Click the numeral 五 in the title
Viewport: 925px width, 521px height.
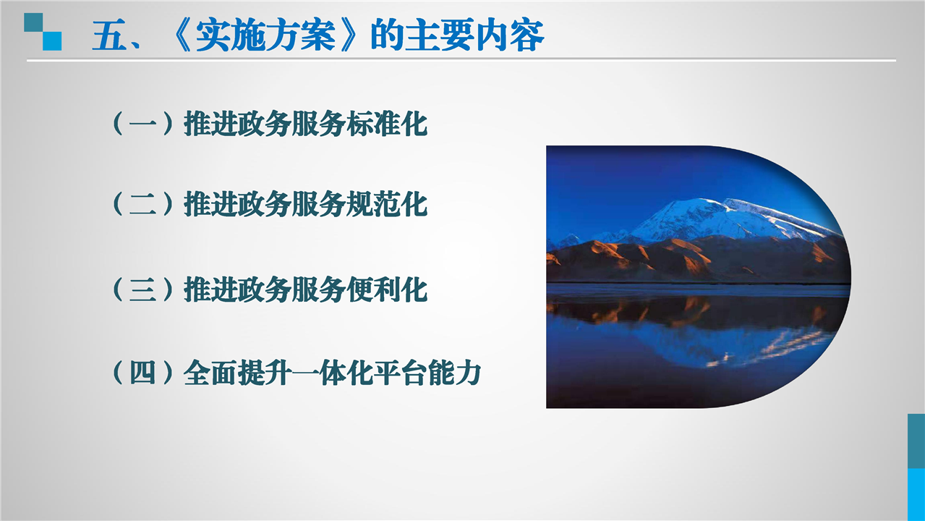(x=109, y=35)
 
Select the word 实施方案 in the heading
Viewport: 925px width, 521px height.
(x=265, y=35)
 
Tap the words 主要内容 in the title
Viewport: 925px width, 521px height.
(x=475, y=35)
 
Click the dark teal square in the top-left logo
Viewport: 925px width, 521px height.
(x=33, y=22)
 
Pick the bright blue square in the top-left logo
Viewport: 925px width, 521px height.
(x=52, y=41)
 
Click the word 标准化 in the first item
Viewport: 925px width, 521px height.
(x=387, y=124)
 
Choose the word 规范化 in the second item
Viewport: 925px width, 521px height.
(x=387, y=204)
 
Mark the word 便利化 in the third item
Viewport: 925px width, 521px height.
(x=387, y=289)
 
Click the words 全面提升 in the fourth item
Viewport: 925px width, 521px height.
(x=237, y=373)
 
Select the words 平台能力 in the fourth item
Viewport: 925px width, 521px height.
(x=427, y=373)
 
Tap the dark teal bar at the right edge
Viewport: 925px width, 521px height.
(x=916, y=441)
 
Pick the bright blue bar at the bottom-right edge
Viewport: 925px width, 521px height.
(x=916, y=494)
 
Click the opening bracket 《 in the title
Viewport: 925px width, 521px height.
(x=180, y=35)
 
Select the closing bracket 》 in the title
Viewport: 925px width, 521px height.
(x=351, y=35)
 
